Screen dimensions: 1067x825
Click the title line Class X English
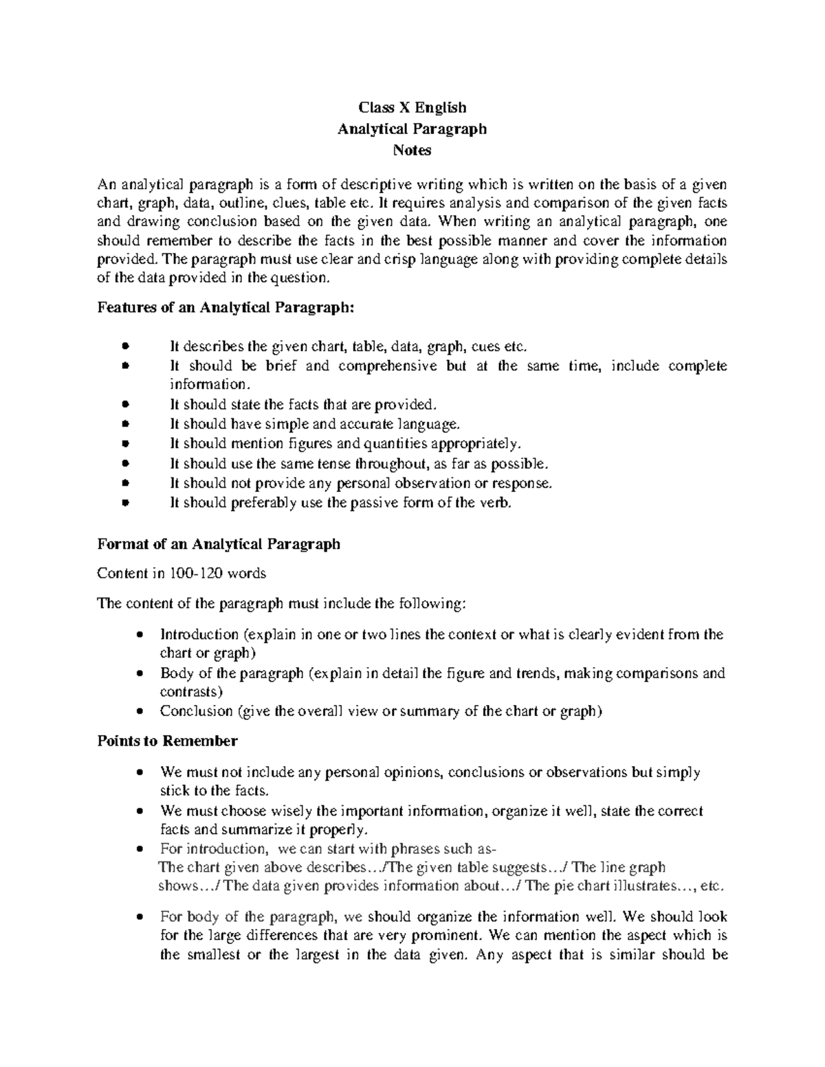pyautogui.click(x=412, y=107)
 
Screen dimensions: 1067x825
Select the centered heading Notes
pyautogui.click(x=412, y=150)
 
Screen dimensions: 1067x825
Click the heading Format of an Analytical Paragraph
pyautogui.click(x=219, y=544)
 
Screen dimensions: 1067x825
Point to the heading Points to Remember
pyautogui.click(x=167, y=741)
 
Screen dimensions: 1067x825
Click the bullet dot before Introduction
pyautogui.click(x=141, y=635)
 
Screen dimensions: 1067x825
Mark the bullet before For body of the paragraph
pyautogui.click(x=141, y=917)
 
